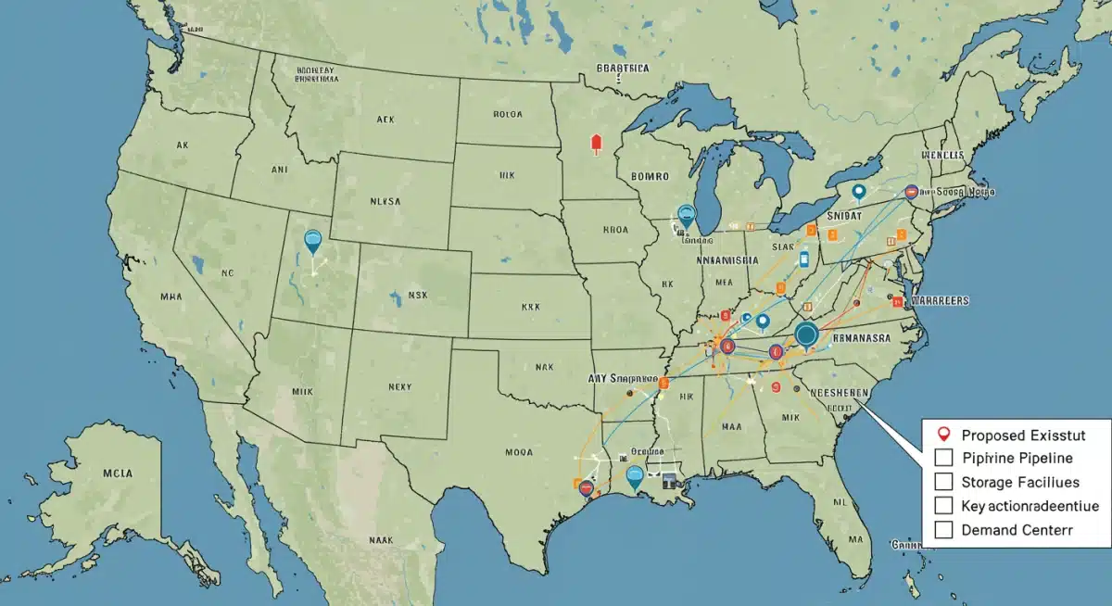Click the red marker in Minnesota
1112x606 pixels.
pos(596,144)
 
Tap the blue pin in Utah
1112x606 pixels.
pos(313,241)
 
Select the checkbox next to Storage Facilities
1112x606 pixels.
pos(944,481)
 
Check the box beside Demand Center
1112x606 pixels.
pos(944,530)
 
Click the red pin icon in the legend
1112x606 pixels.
pos(943,433)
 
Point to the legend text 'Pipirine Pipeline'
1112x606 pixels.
pos(1017,458)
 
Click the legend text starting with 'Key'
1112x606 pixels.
pos(1030,506)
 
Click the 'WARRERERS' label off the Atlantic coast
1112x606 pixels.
pos(940,301)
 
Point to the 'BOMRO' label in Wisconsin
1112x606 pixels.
pos(654,174)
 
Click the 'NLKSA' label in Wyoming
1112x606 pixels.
pos(385,199)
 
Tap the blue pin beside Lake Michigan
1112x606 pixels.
pos(686,215)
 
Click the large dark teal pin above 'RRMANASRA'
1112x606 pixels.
pos(806,335)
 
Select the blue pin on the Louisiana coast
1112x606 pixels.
pos(635,477)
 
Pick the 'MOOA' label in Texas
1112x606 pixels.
pos(520,454)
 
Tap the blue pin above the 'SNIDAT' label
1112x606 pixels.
pos(858,192)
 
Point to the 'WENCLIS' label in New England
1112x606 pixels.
pos(943,157)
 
